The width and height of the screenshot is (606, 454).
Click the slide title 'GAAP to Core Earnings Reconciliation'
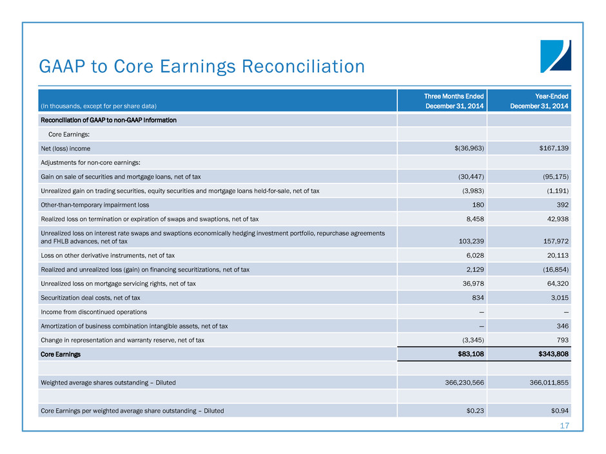click(x=202, y=66)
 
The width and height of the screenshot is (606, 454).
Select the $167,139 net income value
click(x=554, y=148)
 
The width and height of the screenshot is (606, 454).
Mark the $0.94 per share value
click(x=558, y=411)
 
